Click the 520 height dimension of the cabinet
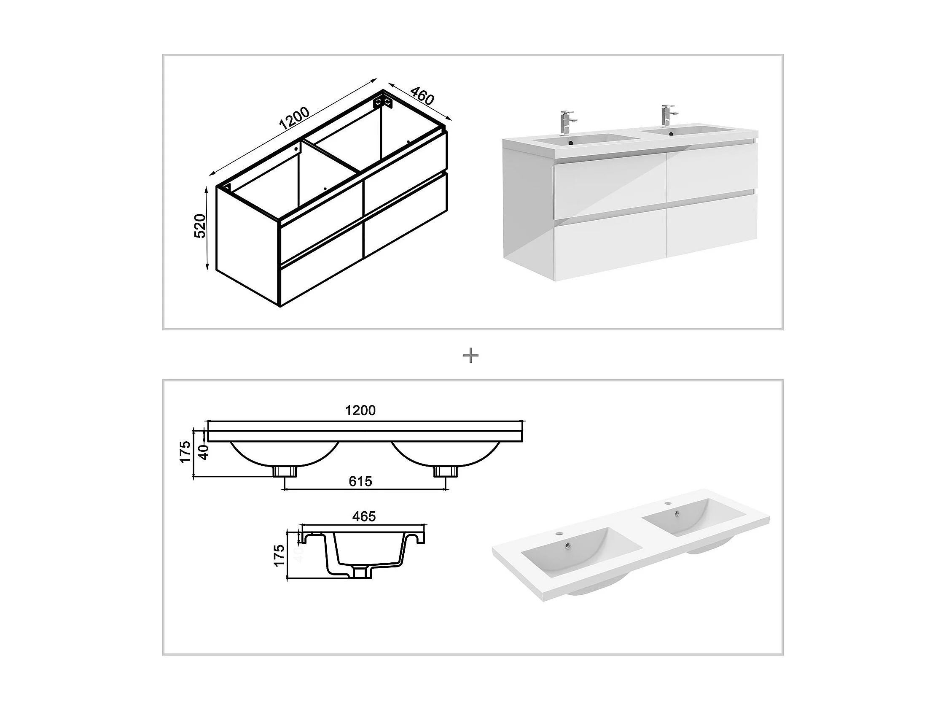tap(200, 226)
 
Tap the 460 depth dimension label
tap(422, 96)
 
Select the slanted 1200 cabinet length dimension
tap(294, 119)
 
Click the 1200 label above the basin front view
tap(360, 410)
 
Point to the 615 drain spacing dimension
tap(360, 481)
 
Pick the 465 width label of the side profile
tap(364, 516)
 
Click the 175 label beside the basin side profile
tap(279, 556)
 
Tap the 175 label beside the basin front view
tap(185, 452)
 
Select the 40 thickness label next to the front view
tap(204, 452)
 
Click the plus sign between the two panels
tap(471, 356)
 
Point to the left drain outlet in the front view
tap(285, 472)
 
